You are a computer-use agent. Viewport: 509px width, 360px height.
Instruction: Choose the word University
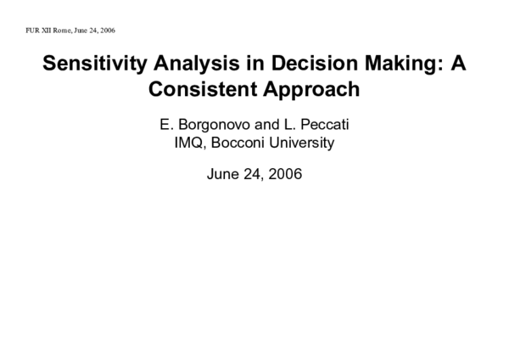302,143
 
